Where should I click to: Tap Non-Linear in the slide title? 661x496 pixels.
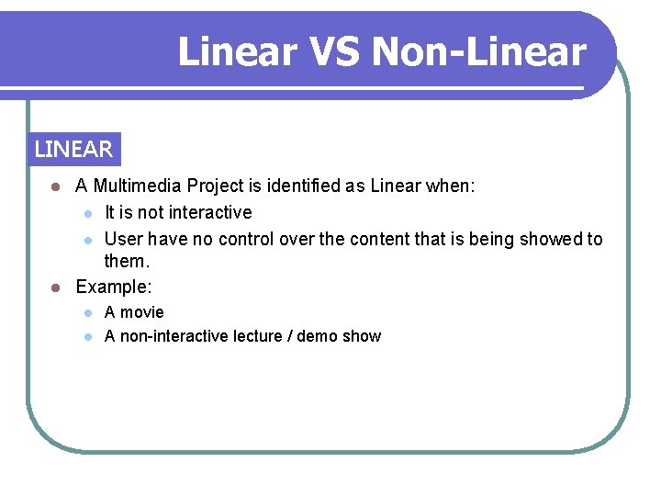pyautogui.click(x=478, y=51)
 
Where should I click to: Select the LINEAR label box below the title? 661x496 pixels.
pyautogui.click(x=73, y=149)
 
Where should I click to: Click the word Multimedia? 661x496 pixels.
pyautogui.click(x=138, y=186)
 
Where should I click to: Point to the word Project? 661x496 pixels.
pyautogui.click(x=218, y=186)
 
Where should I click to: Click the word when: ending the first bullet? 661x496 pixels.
pyautogui.click(x=450, y=186)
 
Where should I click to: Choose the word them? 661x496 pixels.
pyautogui.click(x=127, y=262)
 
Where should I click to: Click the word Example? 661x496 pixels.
pyautogui.click(x=114, y=287)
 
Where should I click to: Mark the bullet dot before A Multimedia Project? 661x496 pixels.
pyautogui.click(x=56, y=186)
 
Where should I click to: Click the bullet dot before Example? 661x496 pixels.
pyautogui.click(x=56, y=287)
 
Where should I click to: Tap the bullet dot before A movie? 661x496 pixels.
pyautogui.click(x=87, y=312)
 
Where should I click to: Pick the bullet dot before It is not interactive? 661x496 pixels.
pyautogui.click(x=87, y=213)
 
